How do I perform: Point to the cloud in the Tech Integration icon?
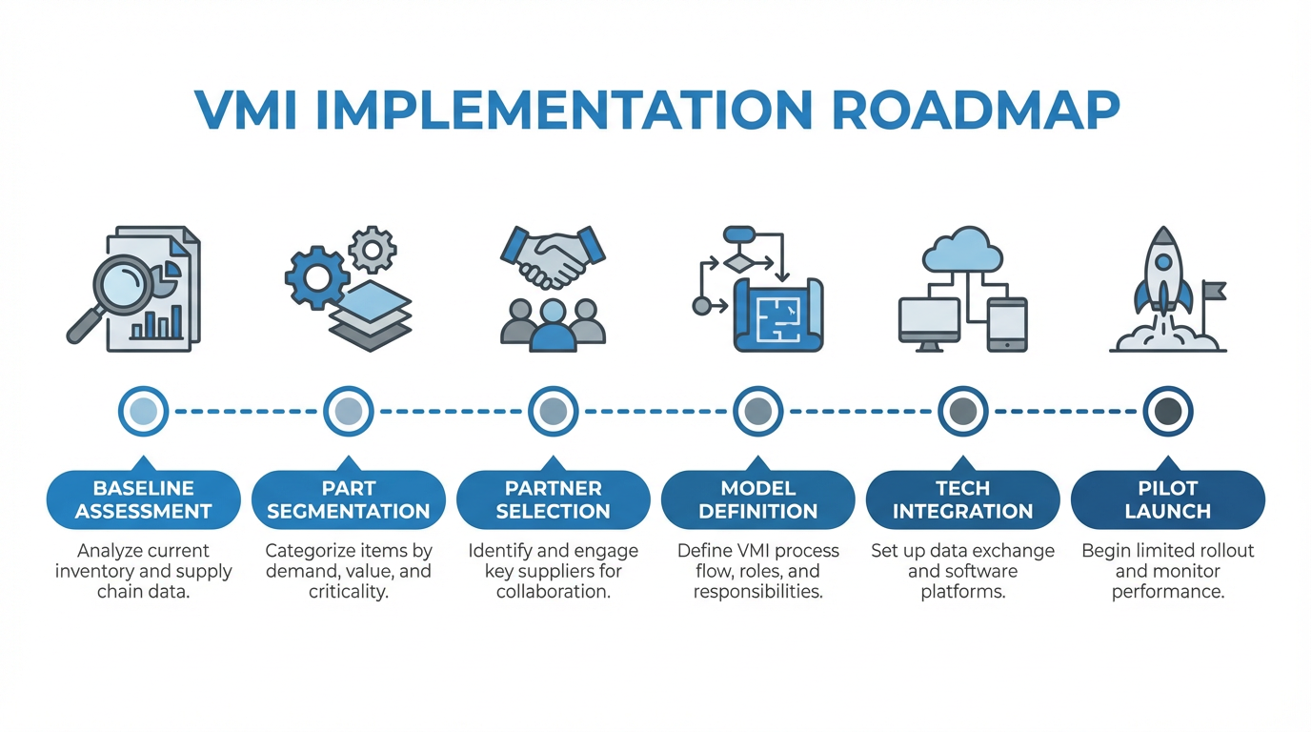(962, 251)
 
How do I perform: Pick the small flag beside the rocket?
(1214, 290)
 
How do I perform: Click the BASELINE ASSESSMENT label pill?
(143, 499)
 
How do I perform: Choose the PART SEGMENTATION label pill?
(348, 499)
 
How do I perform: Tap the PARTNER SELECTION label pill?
(553, 499)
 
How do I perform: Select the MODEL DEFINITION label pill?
(757, 499)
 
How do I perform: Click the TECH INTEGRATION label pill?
(962, 499)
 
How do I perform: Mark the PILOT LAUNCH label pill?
(1167, 499)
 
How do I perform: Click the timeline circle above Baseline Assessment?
(143, 412)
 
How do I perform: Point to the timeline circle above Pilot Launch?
(1167, 412)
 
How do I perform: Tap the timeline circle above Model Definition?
(757, 412)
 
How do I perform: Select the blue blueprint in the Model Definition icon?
(777, 315)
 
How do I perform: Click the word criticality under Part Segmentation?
(348, 592)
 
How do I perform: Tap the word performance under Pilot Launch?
(1167, 592)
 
